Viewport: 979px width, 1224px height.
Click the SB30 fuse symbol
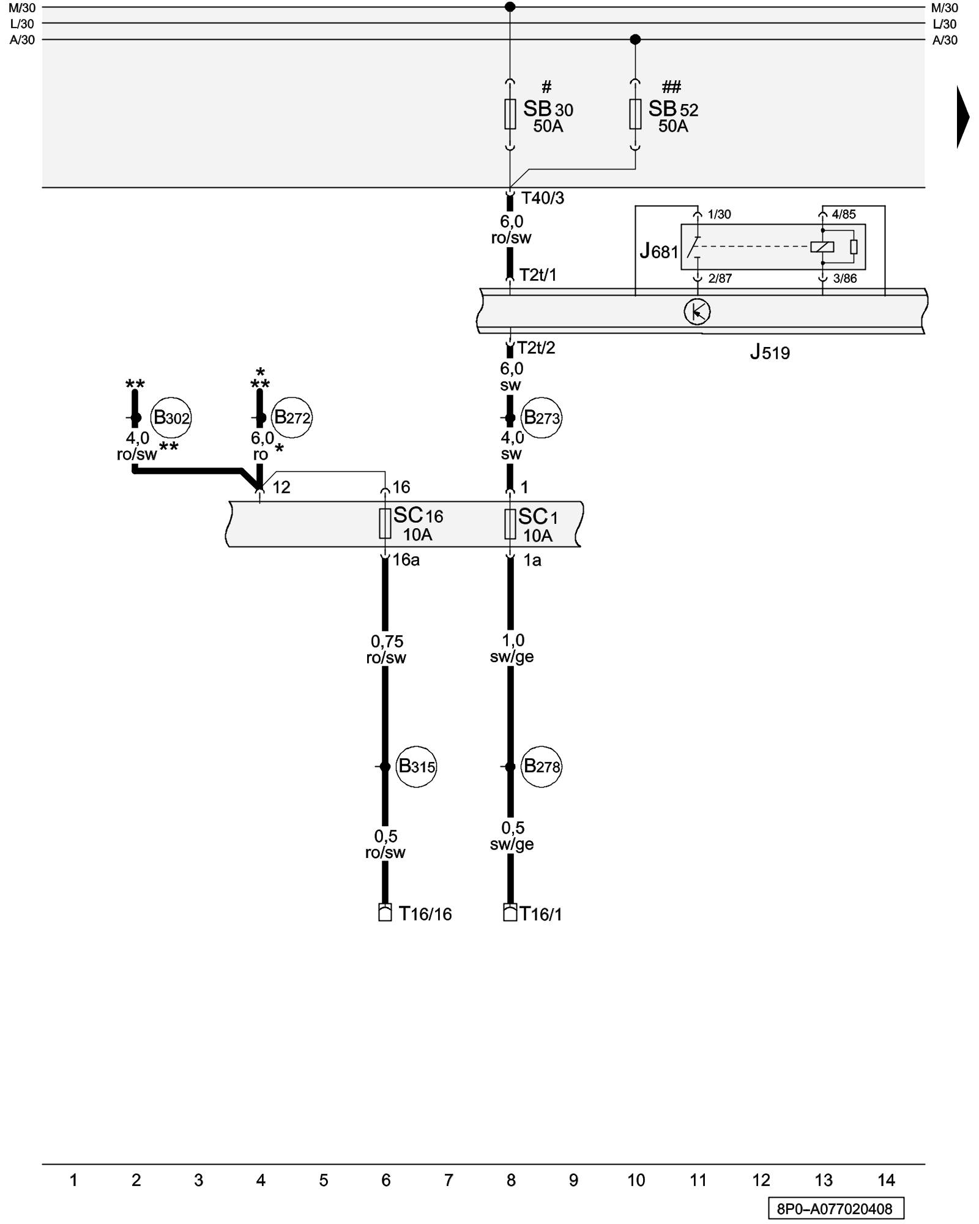point(510,114)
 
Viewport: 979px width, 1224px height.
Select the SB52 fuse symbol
point(635,114)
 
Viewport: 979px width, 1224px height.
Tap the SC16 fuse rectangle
point(385,523)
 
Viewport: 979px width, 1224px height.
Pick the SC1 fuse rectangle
point(510,524)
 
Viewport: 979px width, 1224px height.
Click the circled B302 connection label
point(171,418)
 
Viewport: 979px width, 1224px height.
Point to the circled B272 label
point(292,417)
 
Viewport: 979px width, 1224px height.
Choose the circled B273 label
point(542,418)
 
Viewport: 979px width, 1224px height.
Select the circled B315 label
point(416,766)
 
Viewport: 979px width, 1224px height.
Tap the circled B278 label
point(542,766)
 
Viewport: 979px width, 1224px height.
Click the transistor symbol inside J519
point(697,312)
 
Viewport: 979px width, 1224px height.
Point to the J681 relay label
point(658,252)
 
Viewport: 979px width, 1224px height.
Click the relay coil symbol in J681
point(822,247)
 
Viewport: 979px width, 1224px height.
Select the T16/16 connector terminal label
point(425,914)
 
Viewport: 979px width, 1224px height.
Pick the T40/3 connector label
point(543,198)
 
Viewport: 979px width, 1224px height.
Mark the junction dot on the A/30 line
point(635,40)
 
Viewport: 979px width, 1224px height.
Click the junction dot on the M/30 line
point(510,7)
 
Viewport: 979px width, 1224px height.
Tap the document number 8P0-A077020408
point(835,1209)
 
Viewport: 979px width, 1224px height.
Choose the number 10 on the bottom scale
point(636,1181)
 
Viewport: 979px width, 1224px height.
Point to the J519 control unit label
point(770,353)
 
